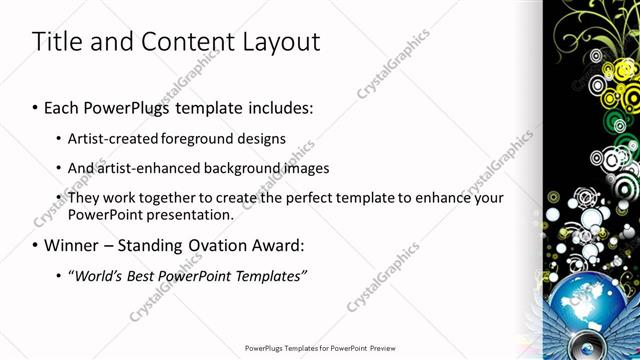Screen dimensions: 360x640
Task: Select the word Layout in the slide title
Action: (x=282, y=43)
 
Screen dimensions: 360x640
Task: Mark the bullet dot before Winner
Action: (x=36, y=246)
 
